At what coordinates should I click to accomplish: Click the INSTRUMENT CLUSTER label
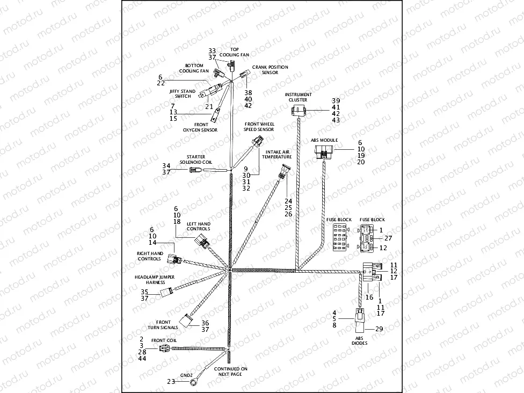(x=299, y=97)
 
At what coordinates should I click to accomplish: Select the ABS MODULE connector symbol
(x=324, y=152)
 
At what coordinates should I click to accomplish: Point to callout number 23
(x=171, y=381)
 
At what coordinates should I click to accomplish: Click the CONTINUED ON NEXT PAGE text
(x=230, y=372)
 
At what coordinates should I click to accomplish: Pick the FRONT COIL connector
(x=164, y=348)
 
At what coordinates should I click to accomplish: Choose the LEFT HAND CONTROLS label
(x=198, y=226)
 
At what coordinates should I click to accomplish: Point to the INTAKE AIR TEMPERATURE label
(x=277, y=154)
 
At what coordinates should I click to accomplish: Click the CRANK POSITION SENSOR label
(x=270, y=70)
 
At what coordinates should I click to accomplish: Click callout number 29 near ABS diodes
(x=379, y=329)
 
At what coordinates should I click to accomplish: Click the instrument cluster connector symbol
(x=299, y=111)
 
